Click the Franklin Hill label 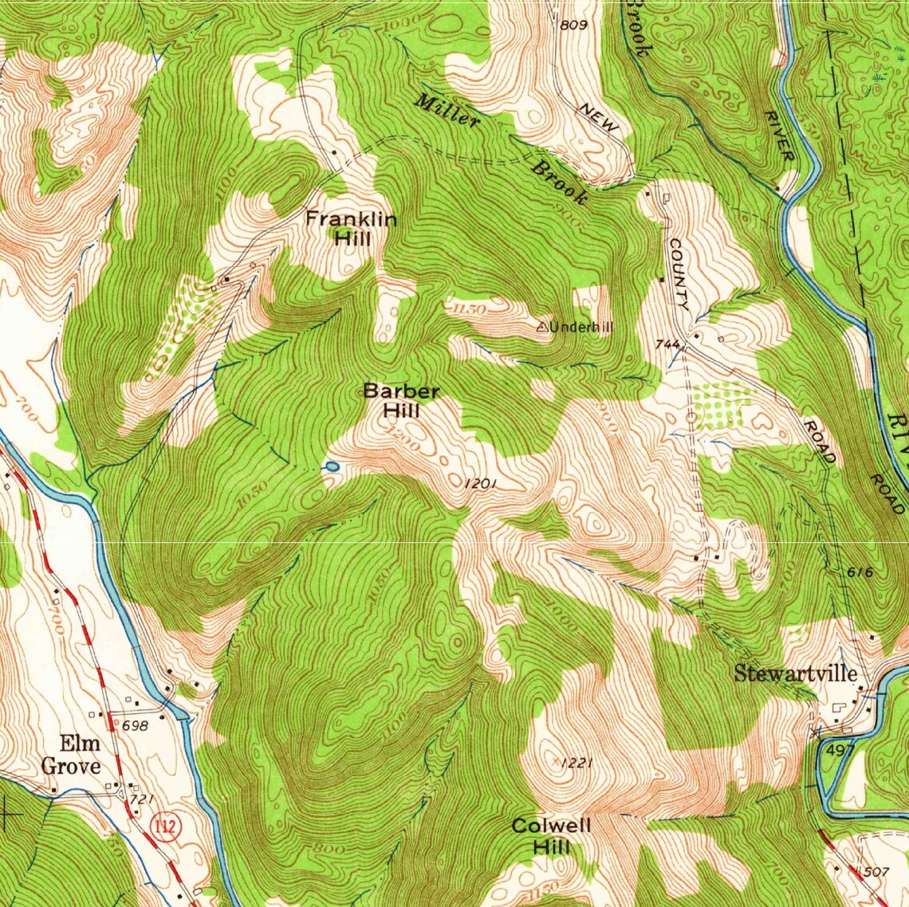[351, 228]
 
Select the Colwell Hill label [552, 835]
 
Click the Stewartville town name [795, 673]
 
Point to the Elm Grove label [71, 756]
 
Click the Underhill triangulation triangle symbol [541, 326]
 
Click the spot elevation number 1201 [481, 483]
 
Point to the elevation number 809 [573, 25]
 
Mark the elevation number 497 [841, 750]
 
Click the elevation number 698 [137, 725]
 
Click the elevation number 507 [875, 872]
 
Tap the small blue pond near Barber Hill [330, 466]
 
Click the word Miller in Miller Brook [447, 111]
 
